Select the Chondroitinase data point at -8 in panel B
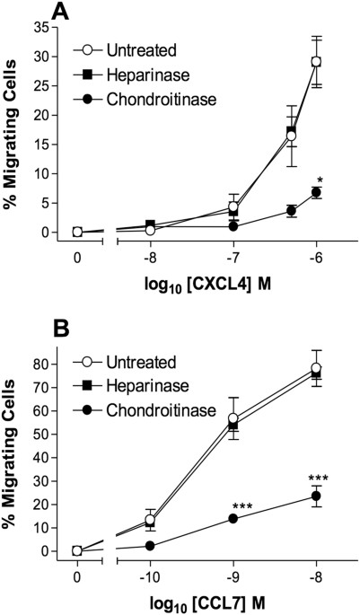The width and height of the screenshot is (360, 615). tap(316, 496)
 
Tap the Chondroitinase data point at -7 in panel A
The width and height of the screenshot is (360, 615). tap(233, 226)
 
